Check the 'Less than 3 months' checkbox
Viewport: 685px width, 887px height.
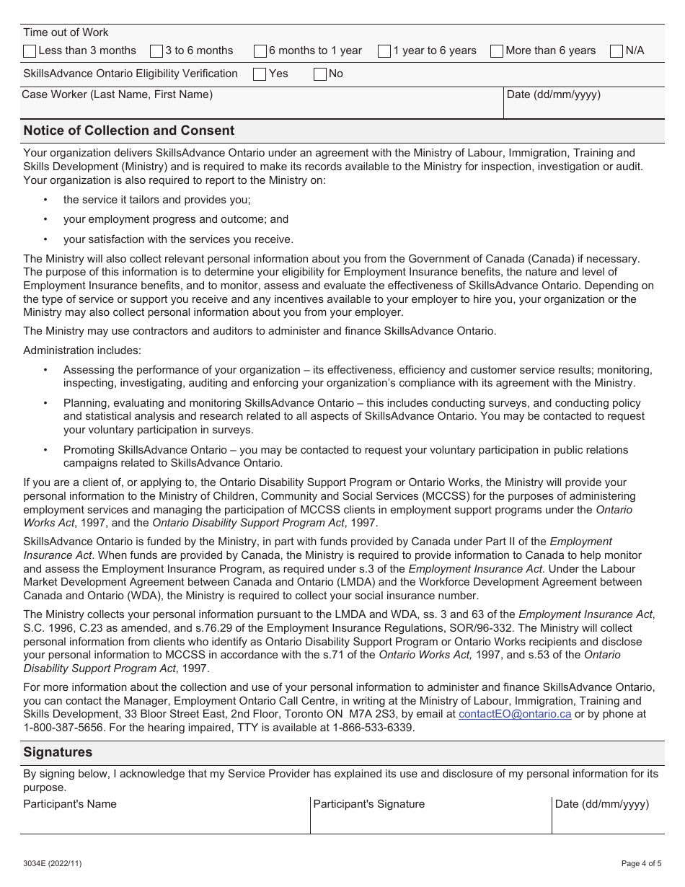pos(30,51)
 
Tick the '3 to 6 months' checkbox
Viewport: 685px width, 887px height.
pos(156,51)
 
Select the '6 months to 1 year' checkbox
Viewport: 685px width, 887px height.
pos(260,51)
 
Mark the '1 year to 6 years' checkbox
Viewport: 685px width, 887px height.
pos(384,51)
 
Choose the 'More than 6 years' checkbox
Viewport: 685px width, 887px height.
pos(497,51)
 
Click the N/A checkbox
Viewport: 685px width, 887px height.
pos(616,51)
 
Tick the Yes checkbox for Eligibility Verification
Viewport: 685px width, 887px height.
pos(260,74)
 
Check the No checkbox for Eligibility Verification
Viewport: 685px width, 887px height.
pos(320,74)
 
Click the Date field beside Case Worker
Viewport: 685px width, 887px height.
pos(583,108)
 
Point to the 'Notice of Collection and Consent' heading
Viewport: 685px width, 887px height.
pos(129,131)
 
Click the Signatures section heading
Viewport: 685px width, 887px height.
pos(58,752)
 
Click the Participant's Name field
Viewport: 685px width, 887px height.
pos(165,821)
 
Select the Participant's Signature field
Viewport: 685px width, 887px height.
pos(430,821)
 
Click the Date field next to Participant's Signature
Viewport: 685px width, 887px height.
pos(607,821)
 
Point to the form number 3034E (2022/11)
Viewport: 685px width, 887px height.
pos(53,863)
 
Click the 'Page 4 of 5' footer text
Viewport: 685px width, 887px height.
pos(641,863)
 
